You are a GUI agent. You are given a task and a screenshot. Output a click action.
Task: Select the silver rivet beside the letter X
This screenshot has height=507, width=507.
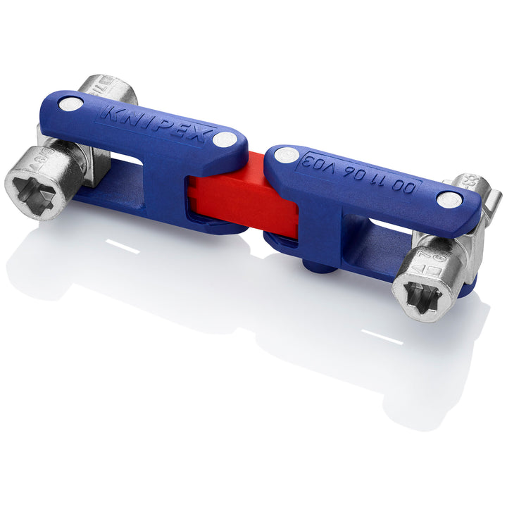coord(225,139)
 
